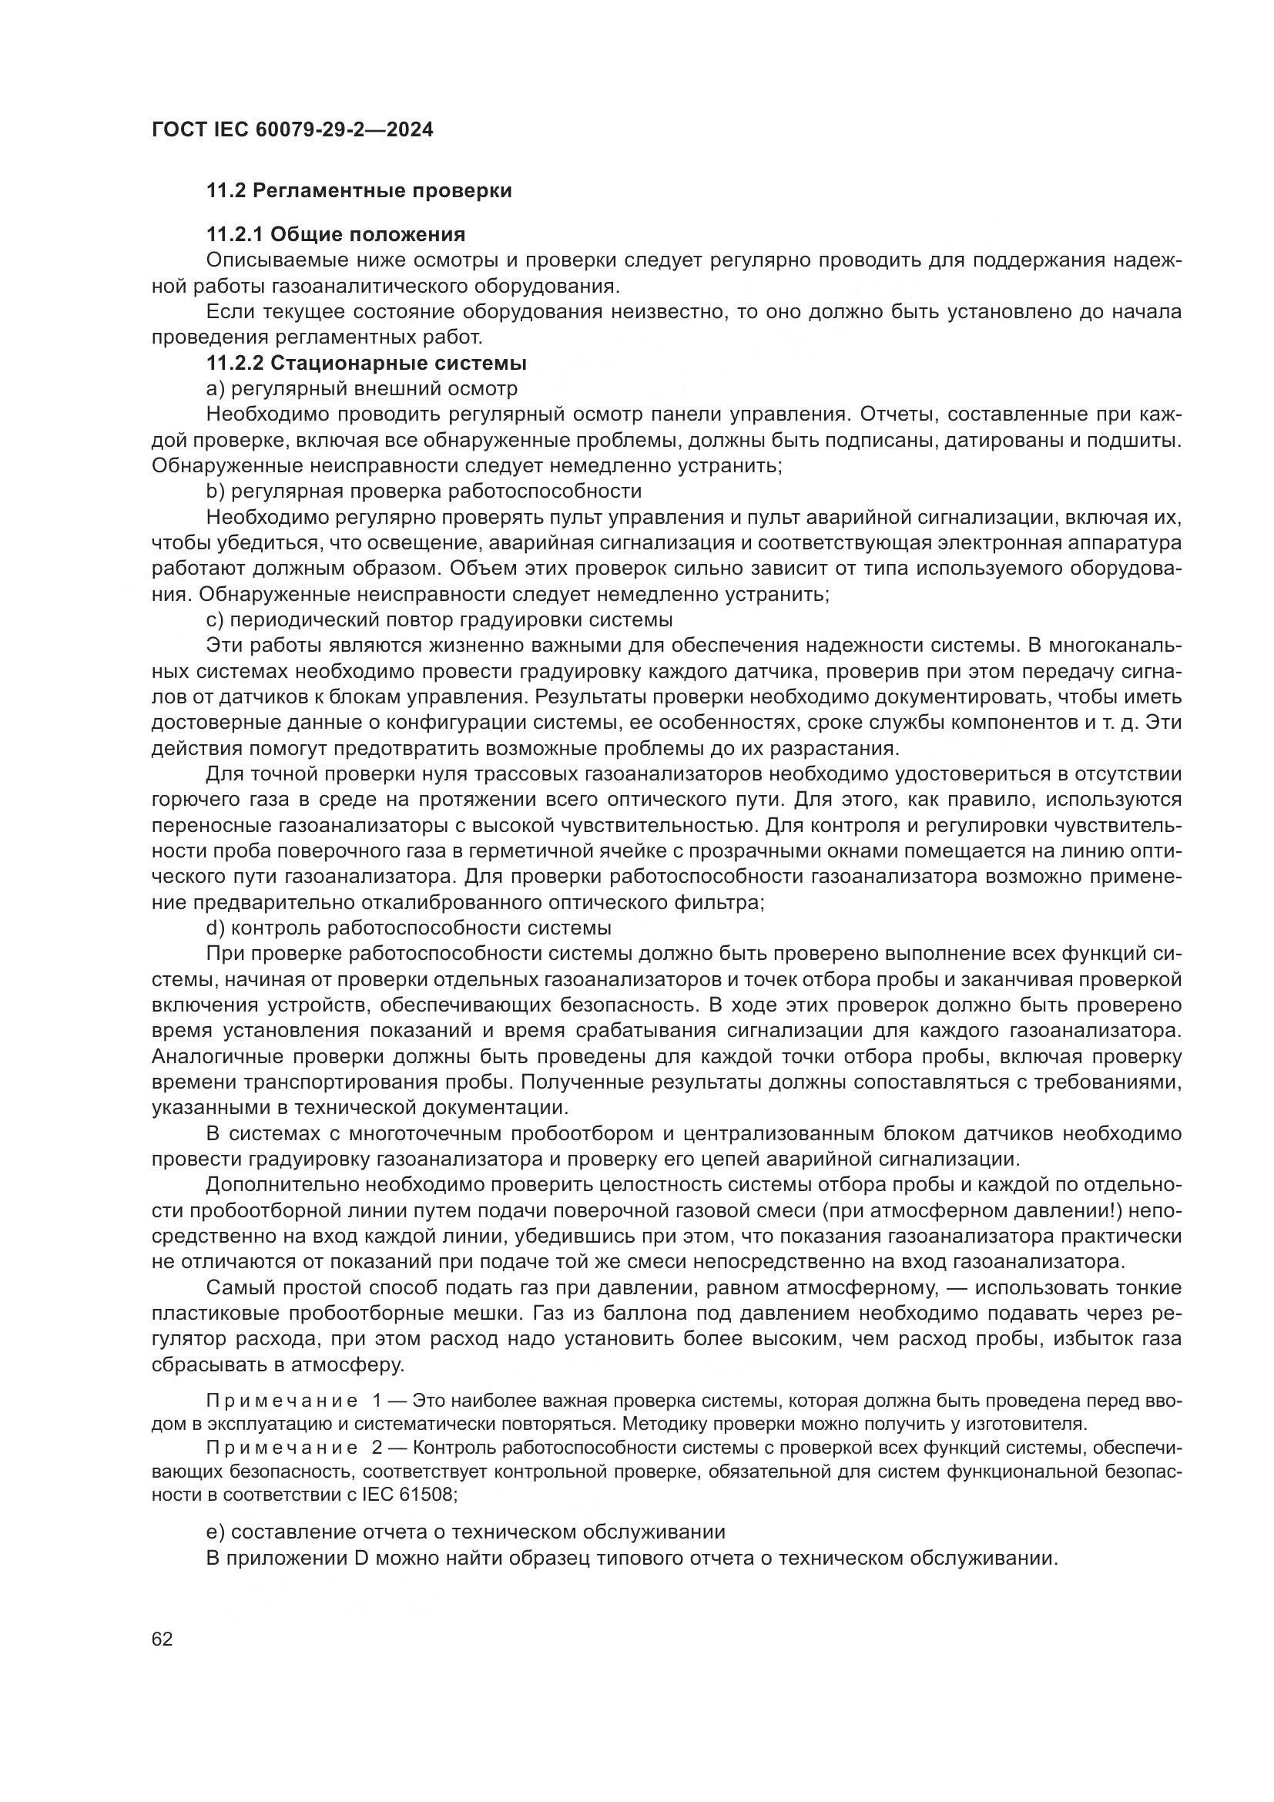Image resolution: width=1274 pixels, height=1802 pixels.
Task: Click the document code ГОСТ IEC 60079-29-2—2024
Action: pyautogui.click(x=292, y=129)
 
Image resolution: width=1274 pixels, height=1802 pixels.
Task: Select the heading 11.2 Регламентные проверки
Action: pyautogui.click(x=358, y=191)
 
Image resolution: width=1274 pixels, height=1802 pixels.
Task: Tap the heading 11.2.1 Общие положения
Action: pyautogui.click(x=335, y=235)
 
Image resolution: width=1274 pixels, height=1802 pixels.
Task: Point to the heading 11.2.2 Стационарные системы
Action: pyautogui.click(x=366, y=364)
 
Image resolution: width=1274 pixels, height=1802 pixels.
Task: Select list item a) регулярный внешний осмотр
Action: pyautogui.click(x=362, y=388)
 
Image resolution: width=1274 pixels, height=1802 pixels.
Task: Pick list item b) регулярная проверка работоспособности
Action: pyautogui.click(x=424, y=492)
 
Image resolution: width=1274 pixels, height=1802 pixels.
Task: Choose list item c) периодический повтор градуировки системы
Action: pyautogui.click(x=439, y=620)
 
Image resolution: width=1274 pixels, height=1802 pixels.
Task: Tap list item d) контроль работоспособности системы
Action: pyautogui.click(x=409, y=928)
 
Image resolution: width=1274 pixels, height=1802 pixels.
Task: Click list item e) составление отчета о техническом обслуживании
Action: pyautogui.click(x=466, y=1532)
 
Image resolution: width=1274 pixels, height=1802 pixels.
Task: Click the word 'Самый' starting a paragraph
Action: pyautogui.click(x=236, y=1288)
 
